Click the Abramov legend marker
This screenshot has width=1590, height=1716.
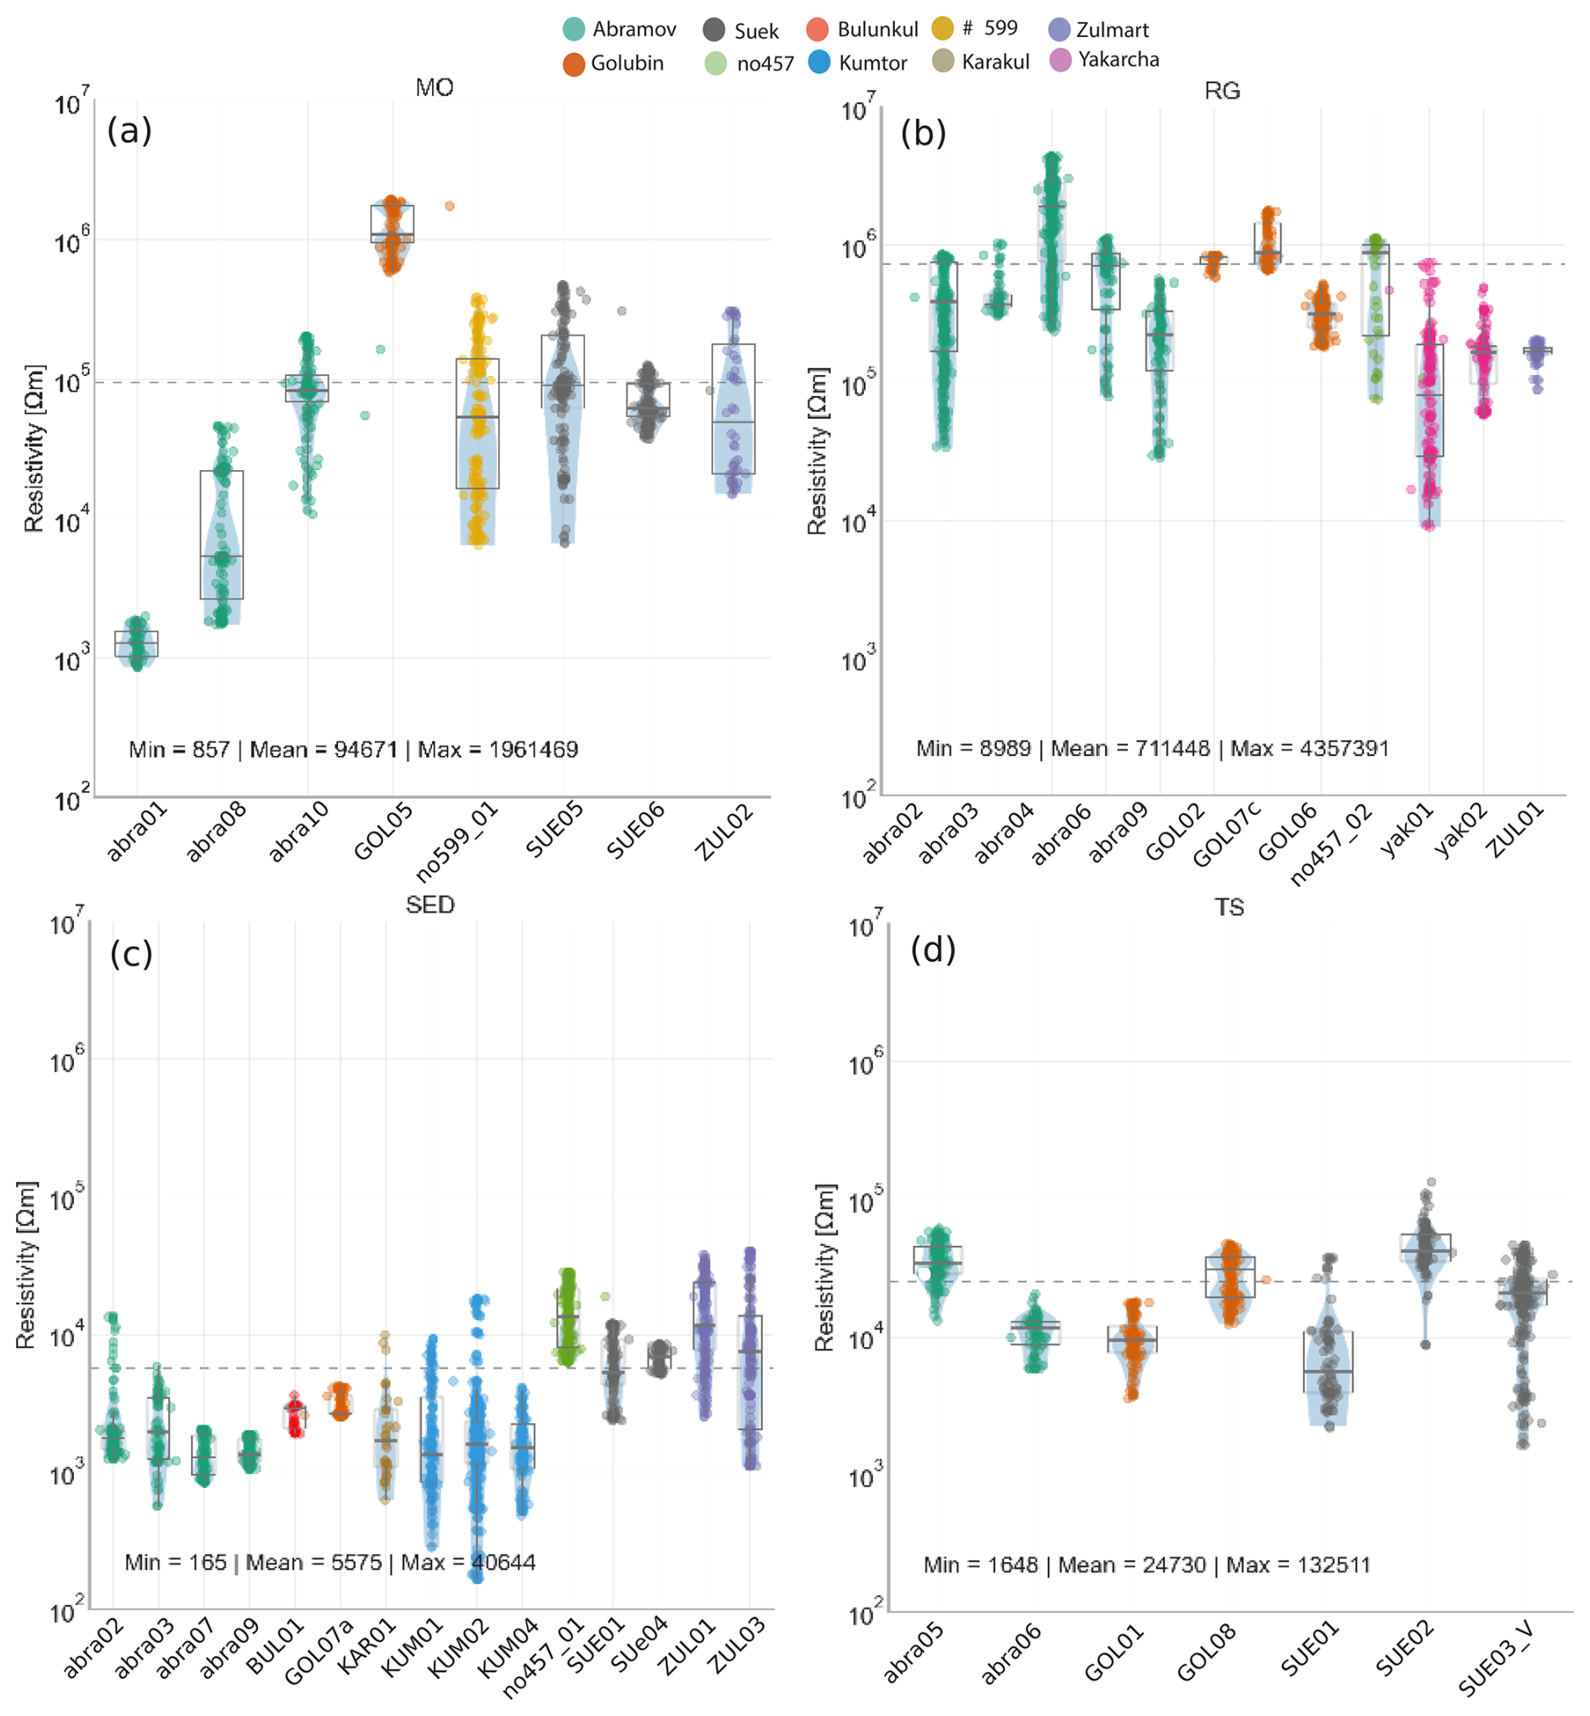click(574, 29)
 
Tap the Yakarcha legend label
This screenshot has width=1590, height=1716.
click(1119, 60)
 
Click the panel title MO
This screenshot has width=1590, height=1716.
click(434, 87)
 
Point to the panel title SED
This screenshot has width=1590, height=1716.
click(430, 905)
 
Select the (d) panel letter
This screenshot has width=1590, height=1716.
click(933, 949)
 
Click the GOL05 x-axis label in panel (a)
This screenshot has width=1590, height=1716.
click(384, 832)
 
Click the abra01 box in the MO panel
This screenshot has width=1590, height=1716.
click(137, 644)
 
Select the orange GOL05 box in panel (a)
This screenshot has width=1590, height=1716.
click(392, 224)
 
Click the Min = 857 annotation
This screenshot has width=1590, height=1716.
click(179, 750)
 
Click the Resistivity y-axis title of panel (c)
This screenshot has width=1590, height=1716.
click(27, 1265)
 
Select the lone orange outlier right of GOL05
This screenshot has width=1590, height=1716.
click(449, 206)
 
